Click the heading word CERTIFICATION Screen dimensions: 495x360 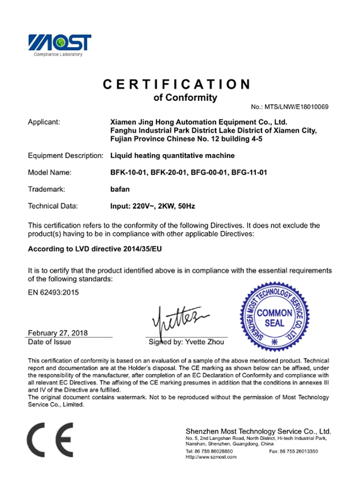pyautogui.click(x=177, y=84)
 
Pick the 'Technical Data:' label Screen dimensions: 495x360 pyautogui.click(x=53, y=206)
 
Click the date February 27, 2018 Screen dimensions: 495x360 pyautogui.click(x=58, y=333)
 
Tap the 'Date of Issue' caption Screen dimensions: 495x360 pyautogui.click(x=49, y=342)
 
